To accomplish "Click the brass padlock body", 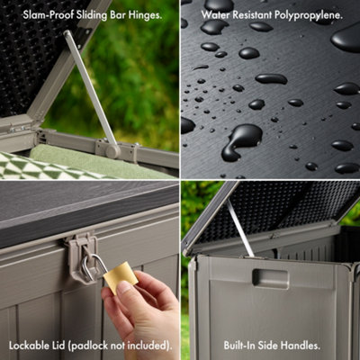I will point(121,276).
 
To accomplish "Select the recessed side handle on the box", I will point(270,278).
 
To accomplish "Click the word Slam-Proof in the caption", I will point(43,15).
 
